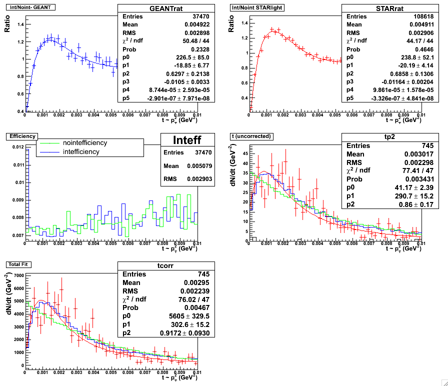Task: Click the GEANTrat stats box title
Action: (166, 9)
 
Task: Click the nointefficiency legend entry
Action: (85, 143)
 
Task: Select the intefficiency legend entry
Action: (82, 151)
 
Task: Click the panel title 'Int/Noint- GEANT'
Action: (29, 7)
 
